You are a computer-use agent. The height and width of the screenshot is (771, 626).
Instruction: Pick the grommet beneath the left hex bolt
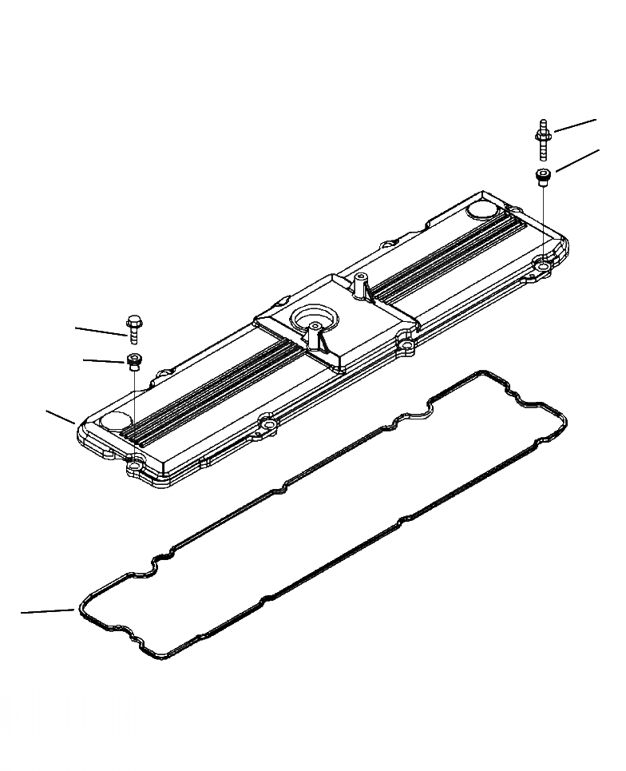(x=133, y=361)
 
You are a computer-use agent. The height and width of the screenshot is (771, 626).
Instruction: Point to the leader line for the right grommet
(x=577, y=160)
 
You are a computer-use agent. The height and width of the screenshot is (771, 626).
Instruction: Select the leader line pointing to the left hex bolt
(x=100, y=331)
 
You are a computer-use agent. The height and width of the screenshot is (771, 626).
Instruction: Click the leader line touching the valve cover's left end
(x=61, y=416)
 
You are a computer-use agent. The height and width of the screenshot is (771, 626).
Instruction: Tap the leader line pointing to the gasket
(x=48, y=612)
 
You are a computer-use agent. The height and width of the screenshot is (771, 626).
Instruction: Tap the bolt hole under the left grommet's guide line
(x=135, y=462)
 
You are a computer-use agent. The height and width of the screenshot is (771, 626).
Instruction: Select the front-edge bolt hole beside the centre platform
(x=407, y=346)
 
